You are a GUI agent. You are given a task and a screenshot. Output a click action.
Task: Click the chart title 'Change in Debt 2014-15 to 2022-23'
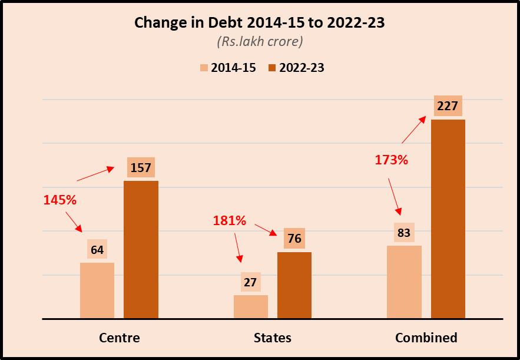coord(260,23)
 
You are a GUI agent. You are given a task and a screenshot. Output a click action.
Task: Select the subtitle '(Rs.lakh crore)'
coord(260,42)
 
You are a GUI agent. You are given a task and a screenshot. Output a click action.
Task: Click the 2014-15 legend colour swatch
coord(204,68)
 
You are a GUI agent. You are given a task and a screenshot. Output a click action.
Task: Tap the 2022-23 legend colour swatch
coord(272,68)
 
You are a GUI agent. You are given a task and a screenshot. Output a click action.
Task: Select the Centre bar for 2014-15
coord(97,290)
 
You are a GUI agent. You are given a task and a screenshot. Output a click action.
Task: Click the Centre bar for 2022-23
coord(141,250)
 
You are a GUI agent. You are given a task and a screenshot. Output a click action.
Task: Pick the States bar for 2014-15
coord(250,306)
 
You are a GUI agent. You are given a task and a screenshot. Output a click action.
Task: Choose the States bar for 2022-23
coord(294,285)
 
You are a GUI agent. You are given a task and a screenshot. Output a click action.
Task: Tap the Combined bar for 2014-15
coord(404,282)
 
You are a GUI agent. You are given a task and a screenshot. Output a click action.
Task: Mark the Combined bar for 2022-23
coord(448,219)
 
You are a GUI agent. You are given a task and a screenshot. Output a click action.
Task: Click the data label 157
coord(141,168)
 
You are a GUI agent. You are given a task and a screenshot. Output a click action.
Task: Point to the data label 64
coord(97,250)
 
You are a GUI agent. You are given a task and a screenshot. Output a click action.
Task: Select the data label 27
coord(250,282)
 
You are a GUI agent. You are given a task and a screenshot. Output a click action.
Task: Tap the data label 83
coord(404,233)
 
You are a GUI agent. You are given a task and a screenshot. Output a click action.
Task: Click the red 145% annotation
coord(60,200)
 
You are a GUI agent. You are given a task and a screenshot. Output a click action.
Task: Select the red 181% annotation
coord(229,221)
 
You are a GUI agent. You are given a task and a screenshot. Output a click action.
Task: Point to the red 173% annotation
coord(392,160)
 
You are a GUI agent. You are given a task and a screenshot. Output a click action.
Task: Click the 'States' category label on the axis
coord(272,338)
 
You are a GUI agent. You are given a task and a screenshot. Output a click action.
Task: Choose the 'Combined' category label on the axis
coord(426,338)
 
